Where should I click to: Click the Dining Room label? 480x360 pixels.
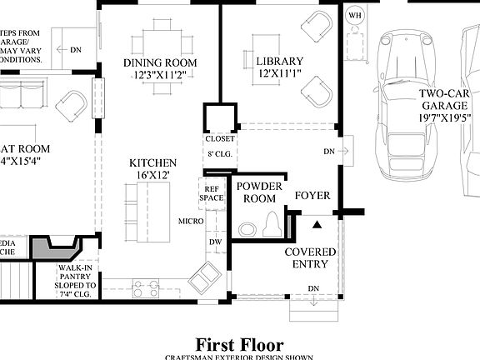tap(160, 63)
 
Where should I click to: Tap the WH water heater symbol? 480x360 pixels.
tap(355, 16)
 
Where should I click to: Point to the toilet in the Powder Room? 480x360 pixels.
tap(271, 223)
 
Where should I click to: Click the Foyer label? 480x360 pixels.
tap(312, 196)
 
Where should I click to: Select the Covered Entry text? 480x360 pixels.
tap(310, 258)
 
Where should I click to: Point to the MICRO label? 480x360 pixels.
tap(190, 221)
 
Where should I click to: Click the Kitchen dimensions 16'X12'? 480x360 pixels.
tap(152, 177)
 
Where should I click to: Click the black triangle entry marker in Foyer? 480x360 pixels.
tap(317, 223)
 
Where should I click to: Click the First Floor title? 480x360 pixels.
tap(239, 344)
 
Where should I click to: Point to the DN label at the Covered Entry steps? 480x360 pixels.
tap(313, 289)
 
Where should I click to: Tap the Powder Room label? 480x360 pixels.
tap(257, 192)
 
